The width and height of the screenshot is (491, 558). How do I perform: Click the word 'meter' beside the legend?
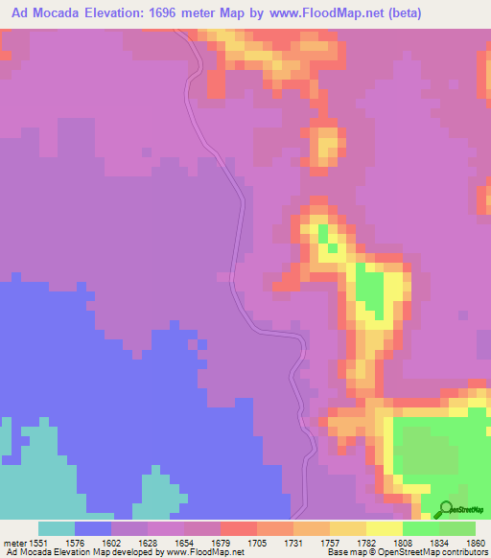(x=15, y=544)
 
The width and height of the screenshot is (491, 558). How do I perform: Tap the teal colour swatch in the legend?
(x=57, y=528)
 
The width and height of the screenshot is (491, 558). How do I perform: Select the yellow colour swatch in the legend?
(x=384, y=528)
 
